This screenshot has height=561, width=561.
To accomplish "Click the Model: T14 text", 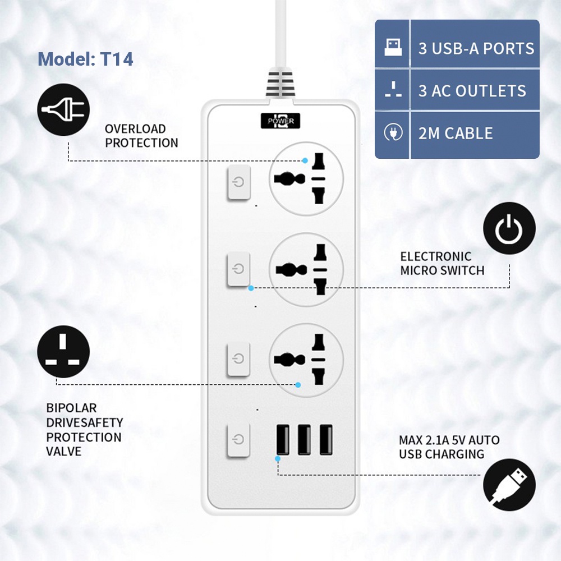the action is coord(85,59).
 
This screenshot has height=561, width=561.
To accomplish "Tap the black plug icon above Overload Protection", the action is coord(63,109).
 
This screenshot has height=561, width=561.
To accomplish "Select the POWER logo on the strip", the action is coord(280,121).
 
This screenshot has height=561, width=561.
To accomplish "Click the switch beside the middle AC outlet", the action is coord(238,269).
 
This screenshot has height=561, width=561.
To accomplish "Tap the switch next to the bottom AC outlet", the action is coord(238,359).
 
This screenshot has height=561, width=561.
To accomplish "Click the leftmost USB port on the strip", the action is coord(283,439).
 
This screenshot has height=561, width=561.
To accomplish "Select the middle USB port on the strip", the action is coord(304,439).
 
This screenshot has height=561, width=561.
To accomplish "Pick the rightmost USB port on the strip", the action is coord(326,439).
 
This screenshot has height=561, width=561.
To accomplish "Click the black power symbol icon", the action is coord(509,228).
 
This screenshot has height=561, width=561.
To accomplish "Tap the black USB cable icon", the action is coord(509,485).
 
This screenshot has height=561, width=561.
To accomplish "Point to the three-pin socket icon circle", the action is coord(63,352).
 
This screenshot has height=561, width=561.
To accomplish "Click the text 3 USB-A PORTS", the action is coord(476,49).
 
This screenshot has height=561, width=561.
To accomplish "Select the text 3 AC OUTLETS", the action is coord(472,91).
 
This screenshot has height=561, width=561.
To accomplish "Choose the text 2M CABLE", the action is coord(456,134).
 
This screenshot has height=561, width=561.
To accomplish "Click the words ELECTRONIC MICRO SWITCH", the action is coord(442,263).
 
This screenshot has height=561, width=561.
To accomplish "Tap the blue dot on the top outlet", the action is coord(305,160).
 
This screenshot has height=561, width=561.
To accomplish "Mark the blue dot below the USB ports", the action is coord(278,459).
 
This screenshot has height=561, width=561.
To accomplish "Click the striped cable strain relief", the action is coord(280,84).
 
